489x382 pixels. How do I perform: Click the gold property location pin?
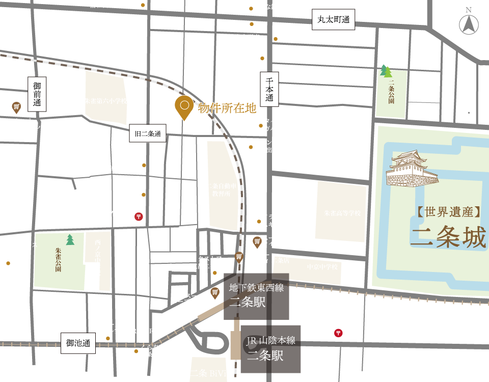pos(184,107)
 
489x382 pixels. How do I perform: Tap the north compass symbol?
pos(469,23)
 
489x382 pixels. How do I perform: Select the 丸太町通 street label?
pos(333,20)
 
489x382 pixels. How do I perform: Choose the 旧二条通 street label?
pos(148,134)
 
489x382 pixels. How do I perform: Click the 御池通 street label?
pos(78,343)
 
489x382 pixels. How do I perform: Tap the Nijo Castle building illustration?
pos(412,169)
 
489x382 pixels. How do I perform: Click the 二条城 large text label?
pos(448,237)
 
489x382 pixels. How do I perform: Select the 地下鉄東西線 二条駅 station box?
pos(256,296)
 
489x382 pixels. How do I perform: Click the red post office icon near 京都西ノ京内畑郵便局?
pos(139,216)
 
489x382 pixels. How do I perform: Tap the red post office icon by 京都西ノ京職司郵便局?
pos(338,333)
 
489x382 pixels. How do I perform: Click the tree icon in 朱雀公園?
pos(70,239)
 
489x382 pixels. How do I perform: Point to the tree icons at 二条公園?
pos(386,71)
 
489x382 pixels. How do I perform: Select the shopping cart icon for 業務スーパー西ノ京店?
pos(16,107)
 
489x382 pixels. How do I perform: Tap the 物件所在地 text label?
pos(227,108)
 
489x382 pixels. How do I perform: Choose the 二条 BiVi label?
pos(208,374)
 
